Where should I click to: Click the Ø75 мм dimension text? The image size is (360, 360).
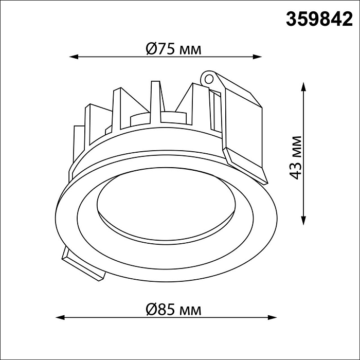coord(173,49)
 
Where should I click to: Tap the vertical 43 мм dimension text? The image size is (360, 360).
coord(295,157)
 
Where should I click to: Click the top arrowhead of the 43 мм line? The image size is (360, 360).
coord(304,84)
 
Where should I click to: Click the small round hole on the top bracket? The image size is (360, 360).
coord(208,79)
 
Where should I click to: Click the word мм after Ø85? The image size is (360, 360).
coord(190,310)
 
